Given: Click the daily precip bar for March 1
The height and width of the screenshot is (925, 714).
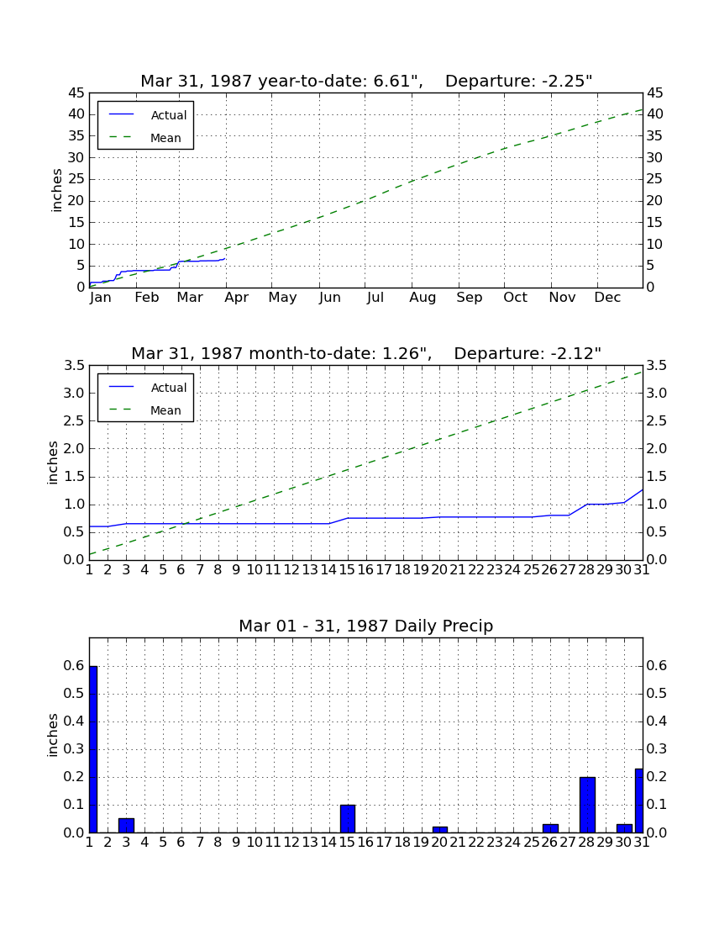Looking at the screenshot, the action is click(93, 749).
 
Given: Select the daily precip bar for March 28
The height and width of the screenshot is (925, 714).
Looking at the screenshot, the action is click(587, 805).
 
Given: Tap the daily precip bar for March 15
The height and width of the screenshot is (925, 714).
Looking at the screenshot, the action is click(348, 819).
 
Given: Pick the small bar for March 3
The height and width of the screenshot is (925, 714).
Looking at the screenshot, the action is click(127, 825).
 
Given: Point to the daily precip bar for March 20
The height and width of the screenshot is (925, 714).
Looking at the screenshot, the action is click(440, 829).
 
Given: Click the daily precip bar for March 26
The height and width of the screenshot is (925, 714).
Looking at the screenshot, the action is click(550, 828).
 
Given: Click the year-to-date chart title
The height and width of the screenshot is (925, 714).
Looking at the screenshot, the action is click(366, 81).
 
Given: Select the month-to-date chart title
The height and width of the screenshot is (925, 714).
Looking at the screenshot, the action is click(366, 353).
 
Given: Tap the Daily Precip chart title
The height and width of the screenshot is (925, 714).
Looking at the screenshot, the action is click(366, 626).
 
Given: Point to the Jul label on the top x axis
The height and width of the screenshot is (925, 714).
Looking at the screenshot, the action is click(375, 298).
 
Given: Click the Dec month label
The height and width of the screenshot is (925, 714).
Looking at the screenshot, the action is click(607, 298).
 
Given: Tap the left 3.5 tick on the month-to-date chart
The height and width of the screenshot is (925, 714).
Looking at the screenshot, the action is click(74, 366).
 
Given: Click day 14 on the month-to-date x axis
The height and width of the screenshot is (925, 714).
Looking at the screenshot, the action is click(328, 570).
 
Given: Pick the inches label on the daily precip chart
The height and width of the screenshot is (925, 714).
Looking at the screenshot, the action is click(53, 735).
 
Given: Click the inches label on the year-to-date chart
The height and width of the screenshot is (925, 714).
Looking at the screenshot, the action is click(56, 190).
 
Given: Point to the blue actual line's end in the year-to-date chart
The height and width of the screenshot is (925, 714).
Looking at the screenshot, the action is click(225, 259).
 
